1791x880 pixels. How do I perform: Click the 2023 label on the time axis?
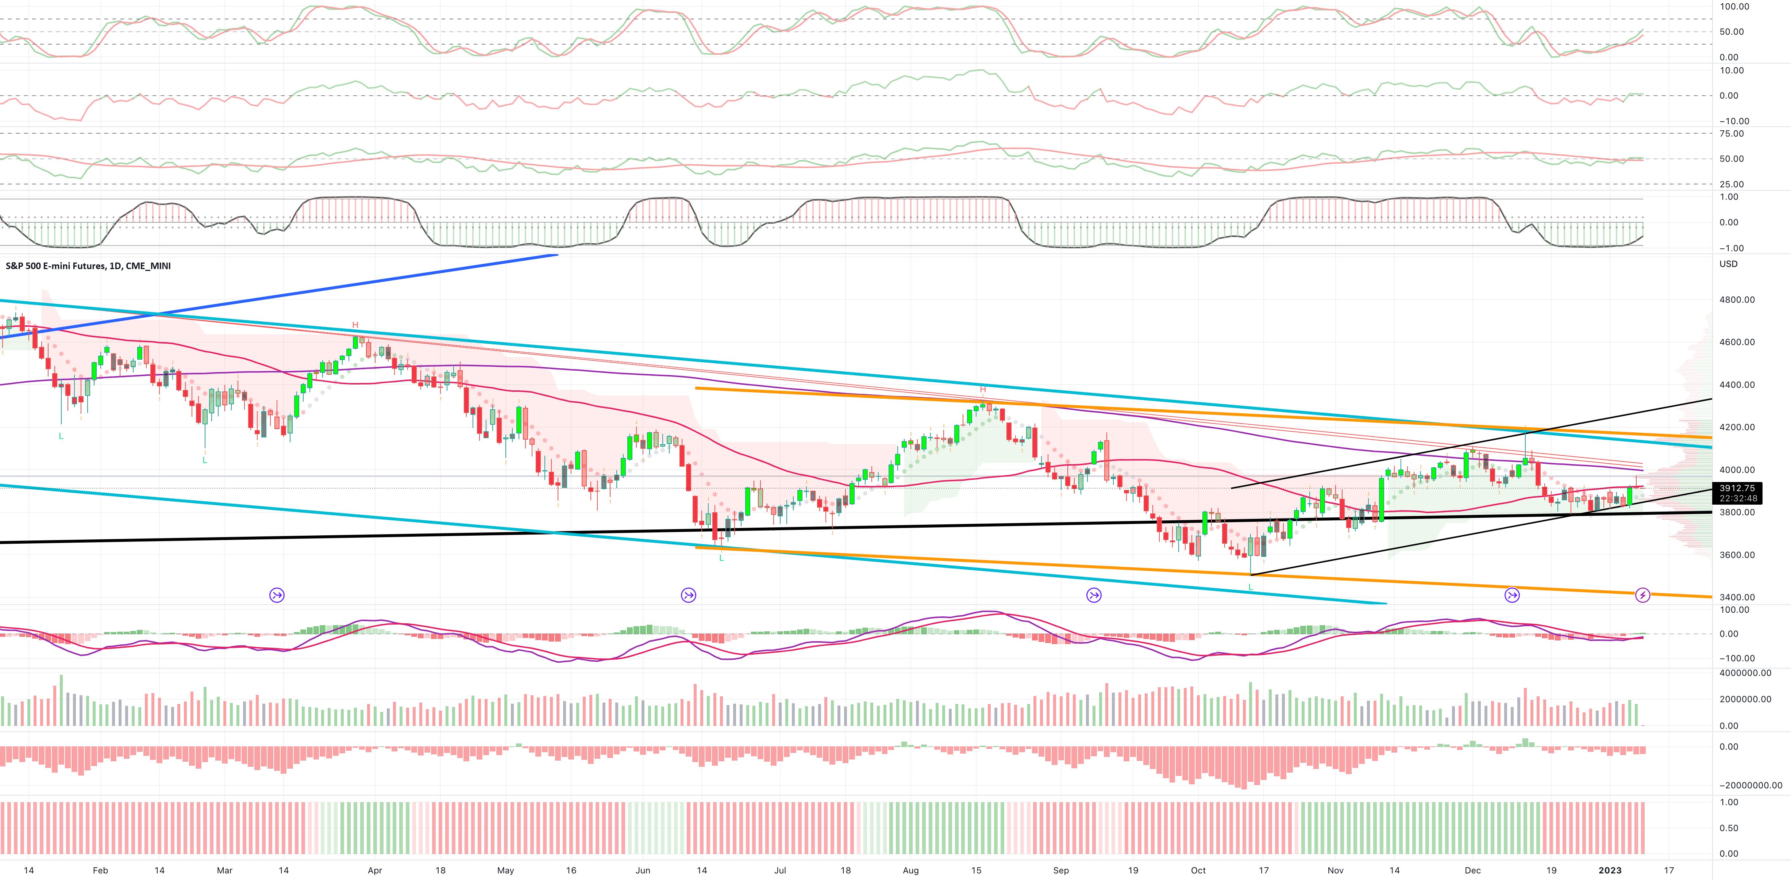[x=1610, y=870]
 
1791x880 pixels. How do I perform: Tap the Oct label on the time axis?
[x=1198, y=870]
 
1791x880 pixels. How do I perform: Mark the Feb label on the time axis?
[x=100, y=870]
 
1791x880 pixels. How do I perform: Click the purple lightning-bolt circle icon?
[x=1642, y=595]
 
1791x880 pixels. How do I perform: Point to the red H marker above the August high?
[x=982, y=389]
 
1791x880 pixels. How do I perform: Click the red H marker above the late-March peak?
[x=355, y=325]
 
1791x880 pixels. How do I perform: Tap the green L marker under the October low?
[x=1251, y=587]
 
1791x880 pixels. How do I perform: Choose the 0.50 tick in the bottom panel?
[x=1729, y=828]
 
